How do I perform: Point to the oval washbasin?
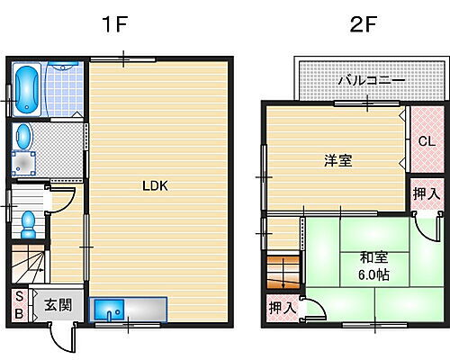pos(24,137)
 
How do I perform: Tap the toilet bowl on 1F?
pos(27,220)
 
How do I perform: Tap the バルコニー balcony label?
pos(371,80)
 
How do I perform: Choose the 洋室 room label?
pos(337,161)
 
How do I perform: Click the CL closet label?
pos(426,140)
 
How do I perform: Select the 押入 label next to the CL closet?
pos(426,193)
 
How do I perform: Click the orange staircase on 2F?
pos(282,271)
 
